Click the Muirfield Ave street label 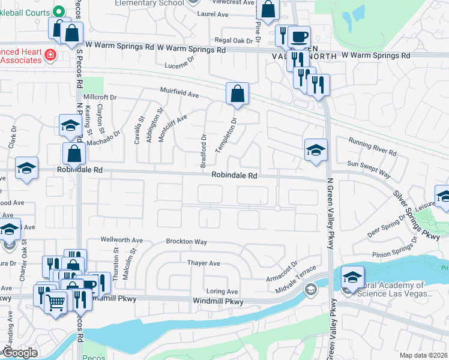179,94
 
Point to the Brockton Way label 187,242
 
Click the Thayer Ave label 203,263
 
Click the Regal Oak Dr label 235,41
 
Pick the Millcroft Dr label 100,97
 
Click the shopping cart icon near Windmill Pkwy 56,303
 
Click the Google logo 19,353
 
